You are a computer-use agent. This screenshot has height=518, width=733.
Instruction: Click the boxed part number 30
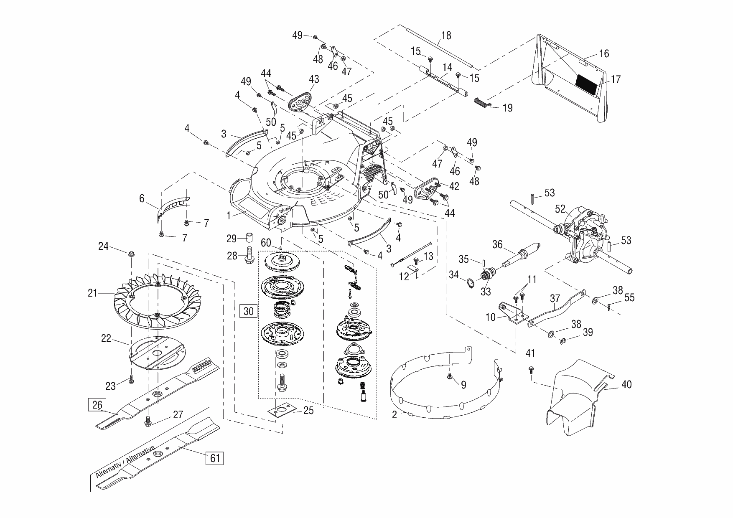pos(249,311)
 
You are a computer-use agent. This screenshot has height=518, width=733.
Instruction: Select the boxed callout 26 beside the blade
pos(97,405)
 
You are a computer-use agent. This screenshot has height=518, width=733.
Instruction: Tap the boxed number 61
pos(214,458)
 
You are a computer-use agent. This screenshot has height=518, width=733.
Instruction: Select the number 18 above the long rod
pos(446,36)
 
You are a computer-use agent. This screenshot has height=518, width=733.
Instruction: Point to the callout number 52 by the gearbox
pos(560,208)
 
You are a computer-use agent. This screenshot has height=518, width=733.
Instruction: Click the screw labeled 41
pos(532,369)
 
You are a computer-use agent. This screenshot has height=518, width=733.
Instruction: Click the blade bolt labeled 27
pos(148,422)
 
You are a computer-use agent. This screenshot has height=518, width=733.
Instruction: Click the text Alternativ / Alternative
pos(125,461)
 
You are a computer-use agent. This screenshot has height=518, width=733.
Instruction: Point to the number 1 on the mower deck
pos(229,216)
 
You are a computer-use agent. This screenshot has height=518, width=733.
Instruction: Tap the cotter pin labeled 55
pos(610,307)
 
